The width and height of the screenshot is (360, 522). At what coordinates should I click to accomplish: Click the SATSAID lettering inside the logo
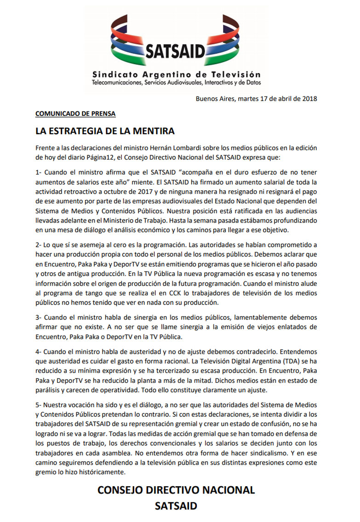pos(175,51)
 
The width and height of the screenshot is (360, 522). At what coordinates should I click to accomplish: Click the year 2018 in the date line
pos(309,98)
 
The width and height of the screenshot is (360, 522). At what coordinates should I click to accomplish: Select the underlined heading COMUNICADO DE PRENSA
pos(75,113)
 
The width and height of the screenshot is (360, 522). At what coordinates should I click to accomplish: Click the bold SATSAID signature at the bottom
pos(176,507)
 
